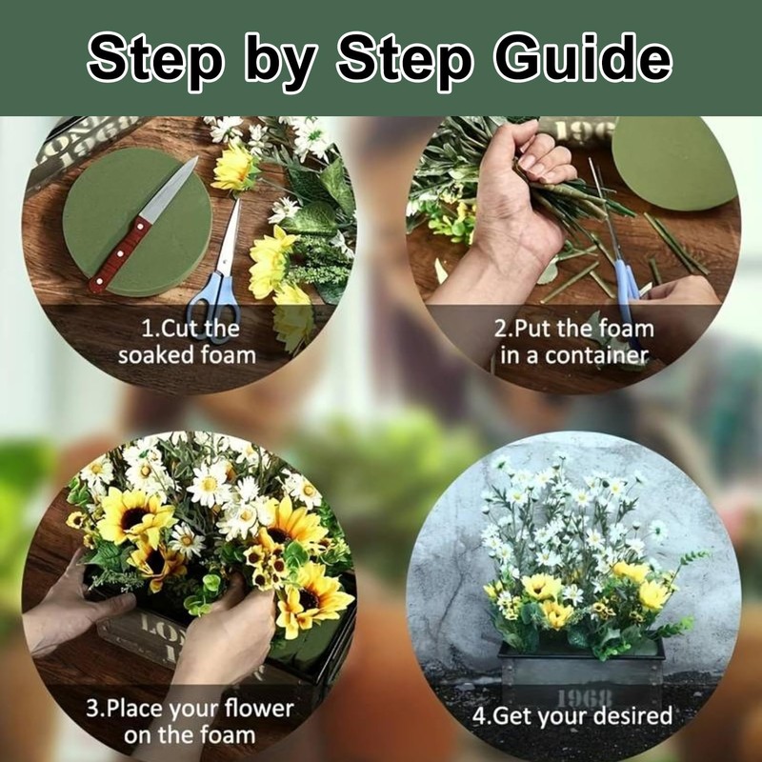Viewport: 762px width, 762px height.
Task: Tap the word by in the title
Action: pyautogui.click(x=279, y=62)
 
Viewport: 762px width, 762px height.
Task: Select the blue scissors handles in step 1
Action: pyautogui.click(x=213, y=301)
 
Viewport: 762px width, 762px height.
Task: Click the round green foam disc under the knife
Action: pyautogui.click(x=137, y=221)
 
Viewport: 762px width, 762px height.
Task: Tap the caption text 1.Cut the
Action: pyautogui.click(x=190, y=329)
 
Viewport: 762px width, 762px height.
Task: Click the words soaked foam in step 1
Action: pyautogui.click(x=187, y=355)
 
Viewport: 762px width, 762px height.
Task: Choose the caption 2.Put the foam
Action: pyautogui.click(x=574, y=329)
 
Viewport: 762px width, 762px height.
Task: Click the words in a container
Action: pyautogui.click(x=574, y=355)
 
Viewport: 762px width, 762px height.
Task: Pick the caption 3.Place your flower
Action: pyautogui.click(x=190, y=709)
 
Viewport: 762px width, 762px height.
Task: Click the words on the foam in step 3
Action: pyautogui.click(x=190, y=734)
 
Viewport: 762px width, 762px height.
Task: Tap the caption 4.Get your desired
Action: pyautogui.click(x=572, y=716)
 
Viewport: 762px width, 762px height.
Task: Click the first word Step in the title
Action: pyautogui.click(x=155, y=58)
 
